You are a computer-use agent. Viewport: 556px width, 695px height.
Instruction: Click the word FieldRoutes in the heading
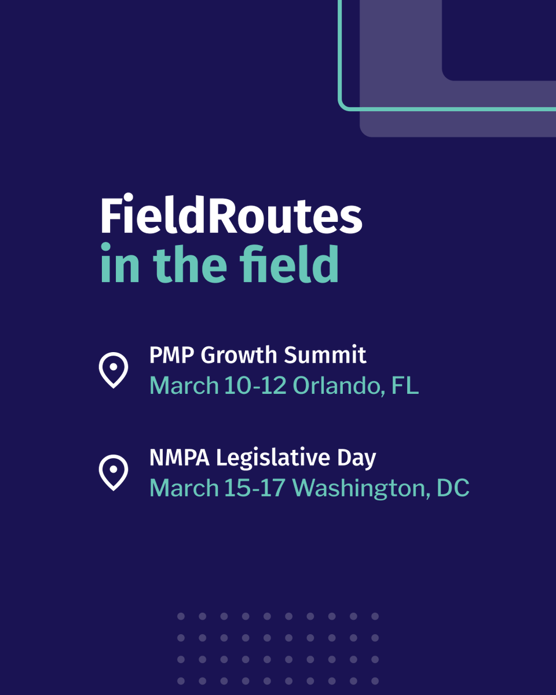[x=231, y=217]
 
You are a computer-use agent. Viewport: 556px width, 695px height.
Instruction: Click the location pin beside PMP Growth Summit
[x=114, y=370]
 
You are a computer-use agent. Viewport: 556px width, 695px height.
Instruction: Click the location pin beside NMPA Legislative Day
[x=114, y=473]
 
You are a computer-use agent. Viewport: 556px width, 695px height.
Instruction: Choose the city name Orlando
[x=339, y=386]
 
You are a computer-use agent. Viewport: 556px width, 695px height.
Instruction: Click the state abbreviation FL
[x=405, y=386]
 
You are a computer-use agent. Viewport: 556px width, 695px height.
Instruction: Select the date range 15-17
[x=255, y=488]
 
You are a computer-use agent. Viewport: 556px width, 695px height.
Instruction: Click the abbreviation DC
[x=453, y=488]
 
